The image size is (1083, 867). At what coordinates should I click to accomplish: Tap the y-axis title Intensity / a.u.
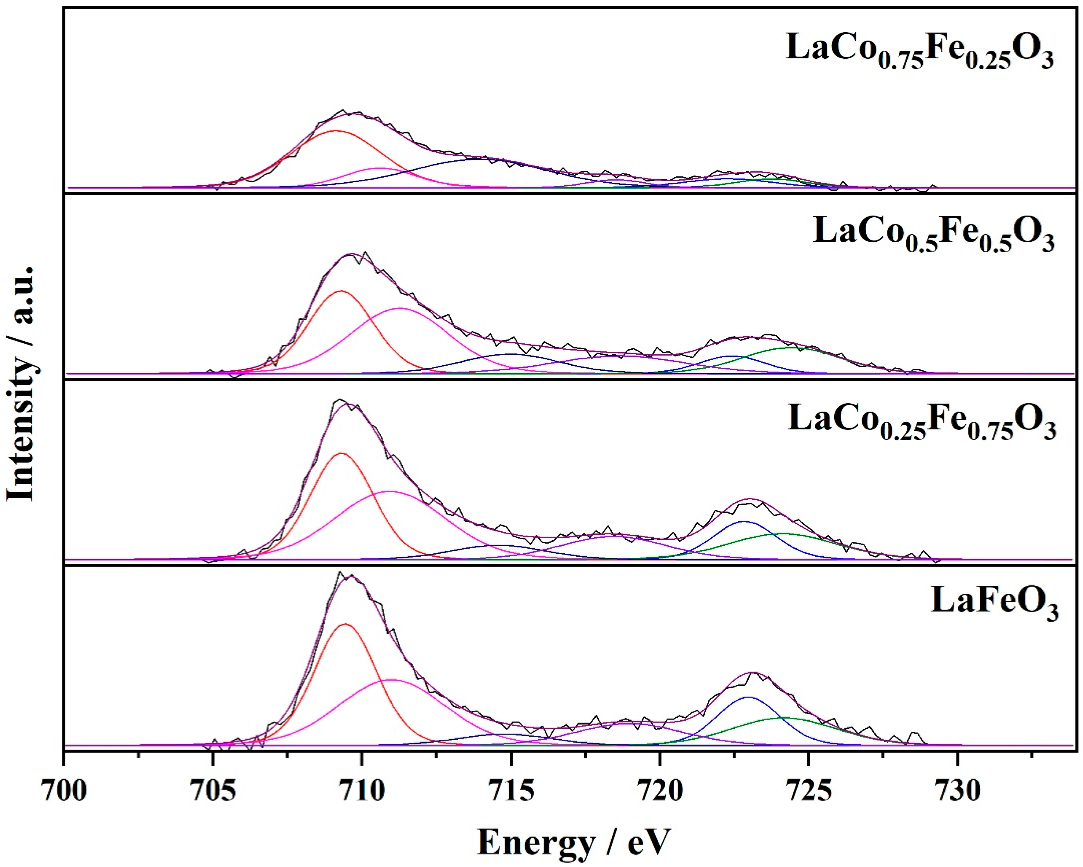[21, 383]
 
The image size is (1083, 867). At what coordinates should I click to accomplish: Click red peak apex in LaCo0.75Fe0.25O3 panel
[335, 131]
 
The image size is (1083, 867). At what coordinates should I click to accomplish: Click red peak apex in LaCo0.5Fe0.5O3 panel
[341, 291]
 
